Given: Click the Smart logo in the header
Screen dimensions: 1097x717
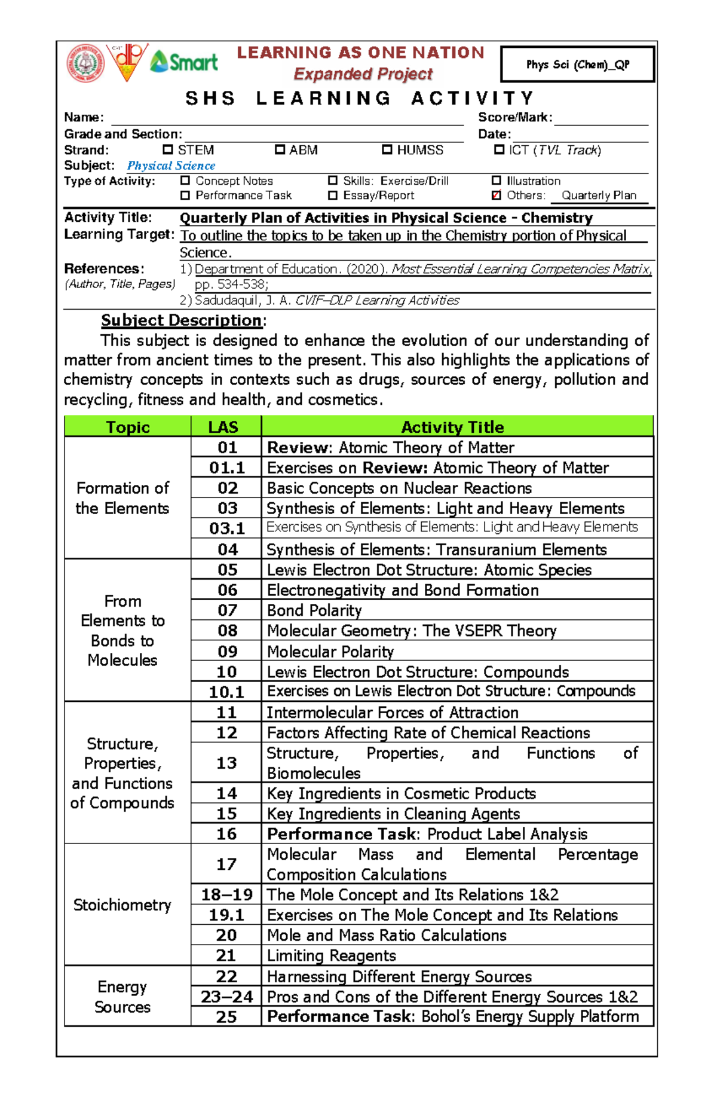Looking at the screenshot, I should pos(184,62).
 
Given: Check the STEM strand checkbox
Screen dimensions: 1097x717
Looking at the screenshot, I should pos(168,149).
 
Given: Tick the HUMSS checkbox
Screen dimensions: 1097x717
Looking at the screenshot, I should pos(387,149).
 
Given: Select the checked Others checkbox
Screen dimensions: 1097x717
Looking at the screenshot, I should pos(496,195).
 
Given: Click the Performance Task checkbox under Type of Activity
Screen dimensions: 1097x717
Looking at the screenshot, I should pos(185,195).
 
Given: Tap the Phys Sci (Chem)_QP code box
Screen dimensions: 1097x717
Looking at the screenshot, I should pos(577,65).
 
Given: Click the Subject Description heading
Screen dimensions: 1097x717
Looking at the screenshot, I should pos(181,320).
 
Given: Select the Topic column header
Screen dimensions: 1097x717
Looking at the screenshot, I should pos(127,427).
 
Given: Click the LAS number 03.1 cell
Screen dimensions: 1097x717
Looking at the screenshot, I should pos(226,528).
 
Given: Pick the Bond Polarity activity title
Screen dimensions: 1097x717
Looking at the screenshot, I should pos(314,610).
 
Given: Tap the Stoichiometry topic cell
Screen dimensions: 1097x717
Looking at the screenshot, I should pos(122,905).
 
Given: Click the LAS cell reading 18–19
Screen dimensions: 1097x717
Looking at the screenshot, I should pos(226,895).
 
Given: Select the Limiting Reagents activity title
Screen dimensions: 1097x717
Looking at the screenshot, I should pos(331,955).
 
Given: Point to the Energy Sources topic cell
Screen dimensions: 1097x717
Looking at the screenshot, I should pos(122,997).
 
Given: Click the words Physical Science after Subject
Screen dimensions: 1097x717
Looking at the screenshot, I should pos(171,166).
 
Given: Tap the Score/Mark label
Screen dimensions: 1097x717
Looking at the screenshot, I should pos(515,118).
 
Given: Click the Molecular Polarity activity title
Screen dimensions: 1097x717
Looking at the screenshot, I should pos(330,652).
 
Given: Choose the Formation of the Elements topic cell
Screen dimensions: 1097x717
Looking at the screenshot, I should pos(122,498).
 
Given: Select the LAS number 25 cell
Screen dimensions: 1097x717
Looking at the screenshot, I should pos(226,1017).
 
